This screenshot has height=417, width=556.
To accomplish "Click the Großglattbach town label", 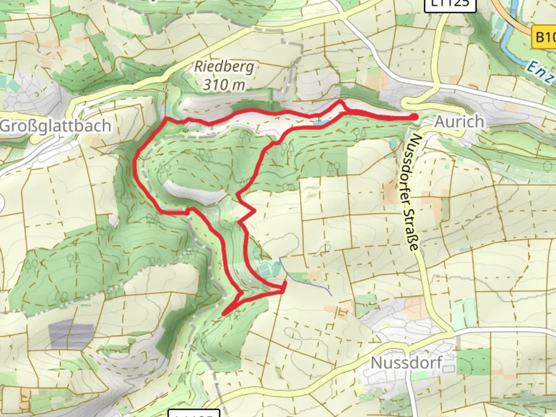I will (55, 126).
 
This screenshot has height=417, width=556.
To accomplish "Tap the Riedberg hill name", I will (224, 66).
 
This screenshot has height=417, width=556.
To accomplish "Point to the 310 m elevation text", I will (224, 84).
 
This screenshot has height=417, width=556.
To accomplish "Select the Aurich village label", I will (459, 122).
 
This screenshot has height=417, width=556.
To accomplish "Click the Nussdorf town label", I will (406, 363).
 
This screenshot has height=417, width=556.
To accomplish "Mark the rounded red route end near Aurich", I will (414, 117).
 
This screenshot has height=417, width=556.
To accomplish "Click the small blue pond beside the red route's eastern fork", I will (321, 124).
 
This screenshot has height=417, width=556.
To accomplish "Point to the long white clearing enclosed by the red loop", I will (195, 192).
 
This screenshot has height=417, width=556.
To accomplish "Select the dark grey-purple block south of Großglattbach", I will (71, 334).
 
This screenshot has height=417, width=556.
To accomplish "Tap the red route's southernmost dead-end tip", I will (224, 314).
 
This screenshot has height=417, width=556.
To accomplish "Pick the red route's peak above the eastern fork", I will (340, 102).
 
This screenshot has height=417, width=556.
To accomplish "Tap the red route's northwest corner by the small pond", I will (166, 119).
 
